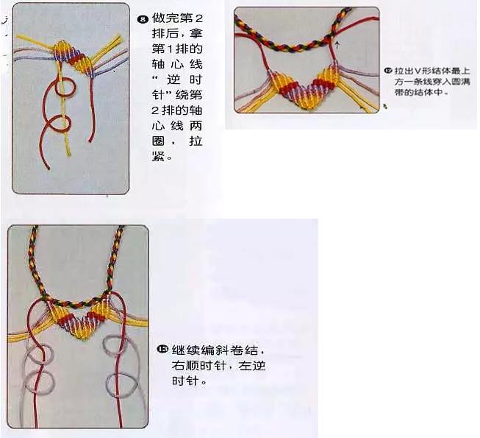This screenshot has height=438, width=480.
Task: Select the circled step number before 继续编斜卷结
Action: pyautogui.click(x=162, y=349)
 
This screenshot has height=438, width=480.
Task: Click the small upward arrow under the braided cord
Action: pyautogui.click(x=337, y=45)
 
